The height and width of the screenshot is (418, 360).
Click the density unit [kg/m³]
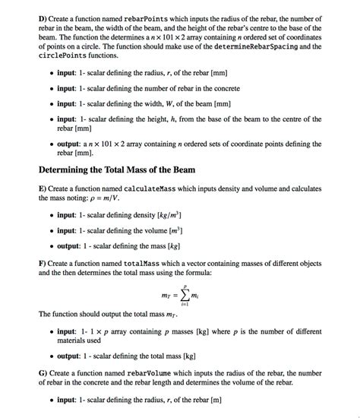[177, 215]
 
